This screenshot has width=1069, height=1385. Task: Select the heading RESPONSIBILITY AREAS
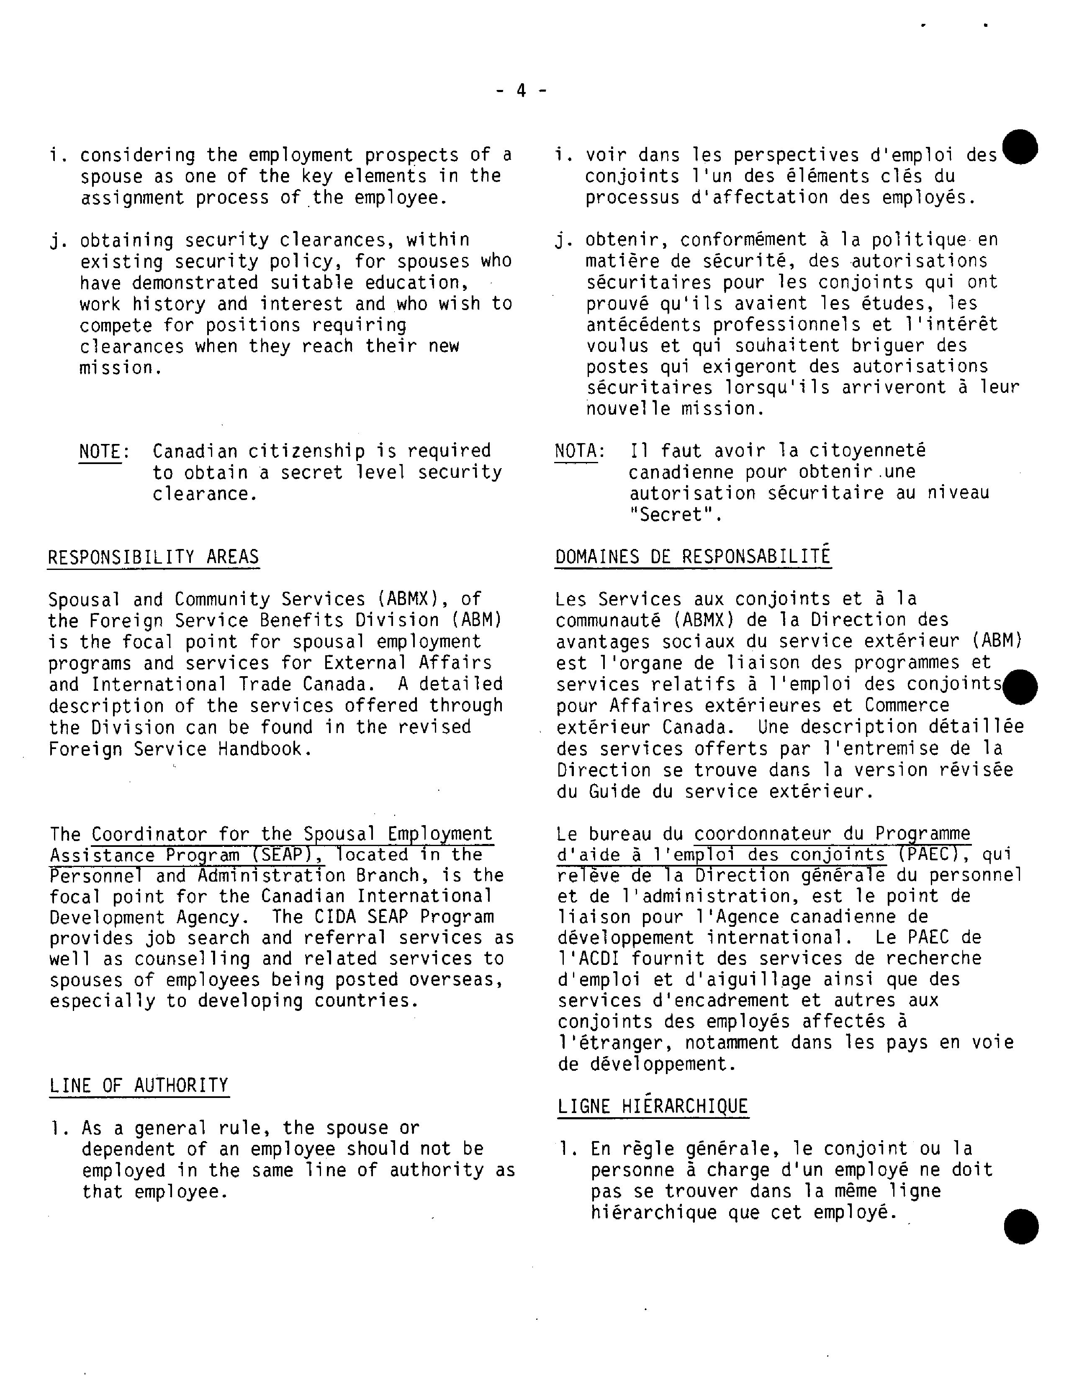click(x=154, y=557)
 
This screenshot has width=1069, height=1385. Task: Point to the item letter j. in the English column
click(x=57, y=241)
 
